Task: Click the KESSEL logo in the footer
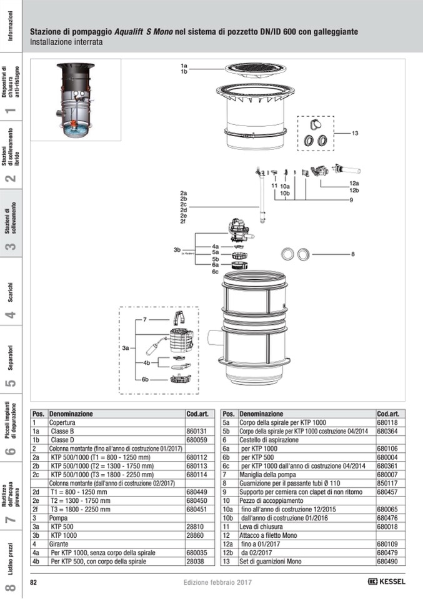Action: click(386, 582)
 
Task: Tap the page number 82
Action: click(33, 582)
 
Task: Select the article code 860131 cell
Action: click(196, 432)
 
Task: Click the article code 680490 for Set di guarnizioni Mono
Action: click(387, 562)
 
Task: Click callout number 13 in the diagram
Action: click(355, 133)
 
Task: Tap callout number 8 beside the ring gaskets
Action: click(352, 254)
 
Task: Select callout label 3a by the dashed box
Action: click(126, 348)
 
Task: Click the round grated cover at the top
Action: click(256, 69)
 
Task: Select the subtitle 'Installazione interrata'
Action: click(66, 42)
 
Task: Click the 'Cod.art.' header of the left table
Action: click(197, 413)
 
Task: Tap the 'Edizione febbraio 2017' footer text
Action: click(217, 582)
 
